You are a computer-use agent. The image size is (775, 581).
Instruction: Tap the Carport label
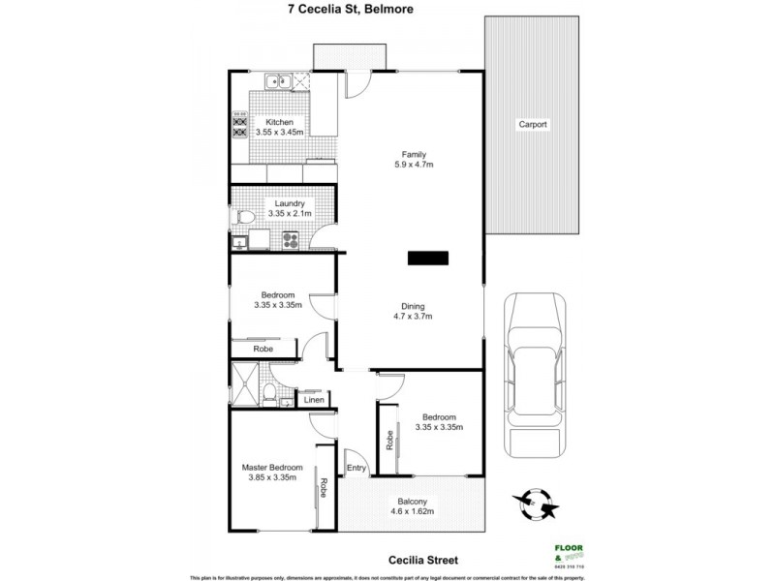coord(532,125)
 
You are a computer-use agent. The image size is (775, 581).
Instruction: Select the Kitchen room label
coord(279,122)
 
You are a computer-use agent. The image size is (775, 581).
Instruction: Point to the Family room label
coord(415,154)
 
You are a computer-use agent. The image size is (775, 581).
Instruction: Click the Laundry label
coord(290,203)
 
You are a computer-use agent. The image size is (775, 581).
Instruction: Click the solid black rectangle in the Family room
coord(428,258)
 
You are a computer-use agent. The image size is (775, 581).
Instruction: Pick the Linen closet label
coord(313,400)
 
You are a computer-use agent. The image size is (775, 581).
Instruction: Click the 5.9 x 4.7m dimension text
coord(415,165)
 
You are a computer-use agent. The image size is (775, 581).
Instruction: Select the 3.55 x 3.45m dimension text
coord(279,133)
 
